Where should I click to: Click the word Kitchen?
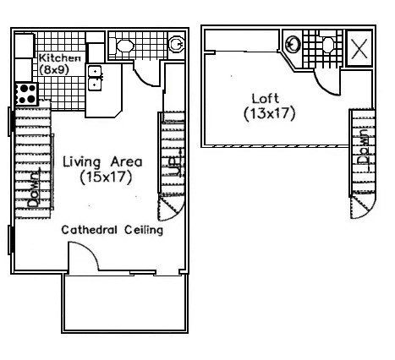point(59,58)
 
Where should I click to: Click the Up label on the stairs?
point(173,166)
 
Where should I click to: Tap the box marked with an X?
point(359,47)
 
